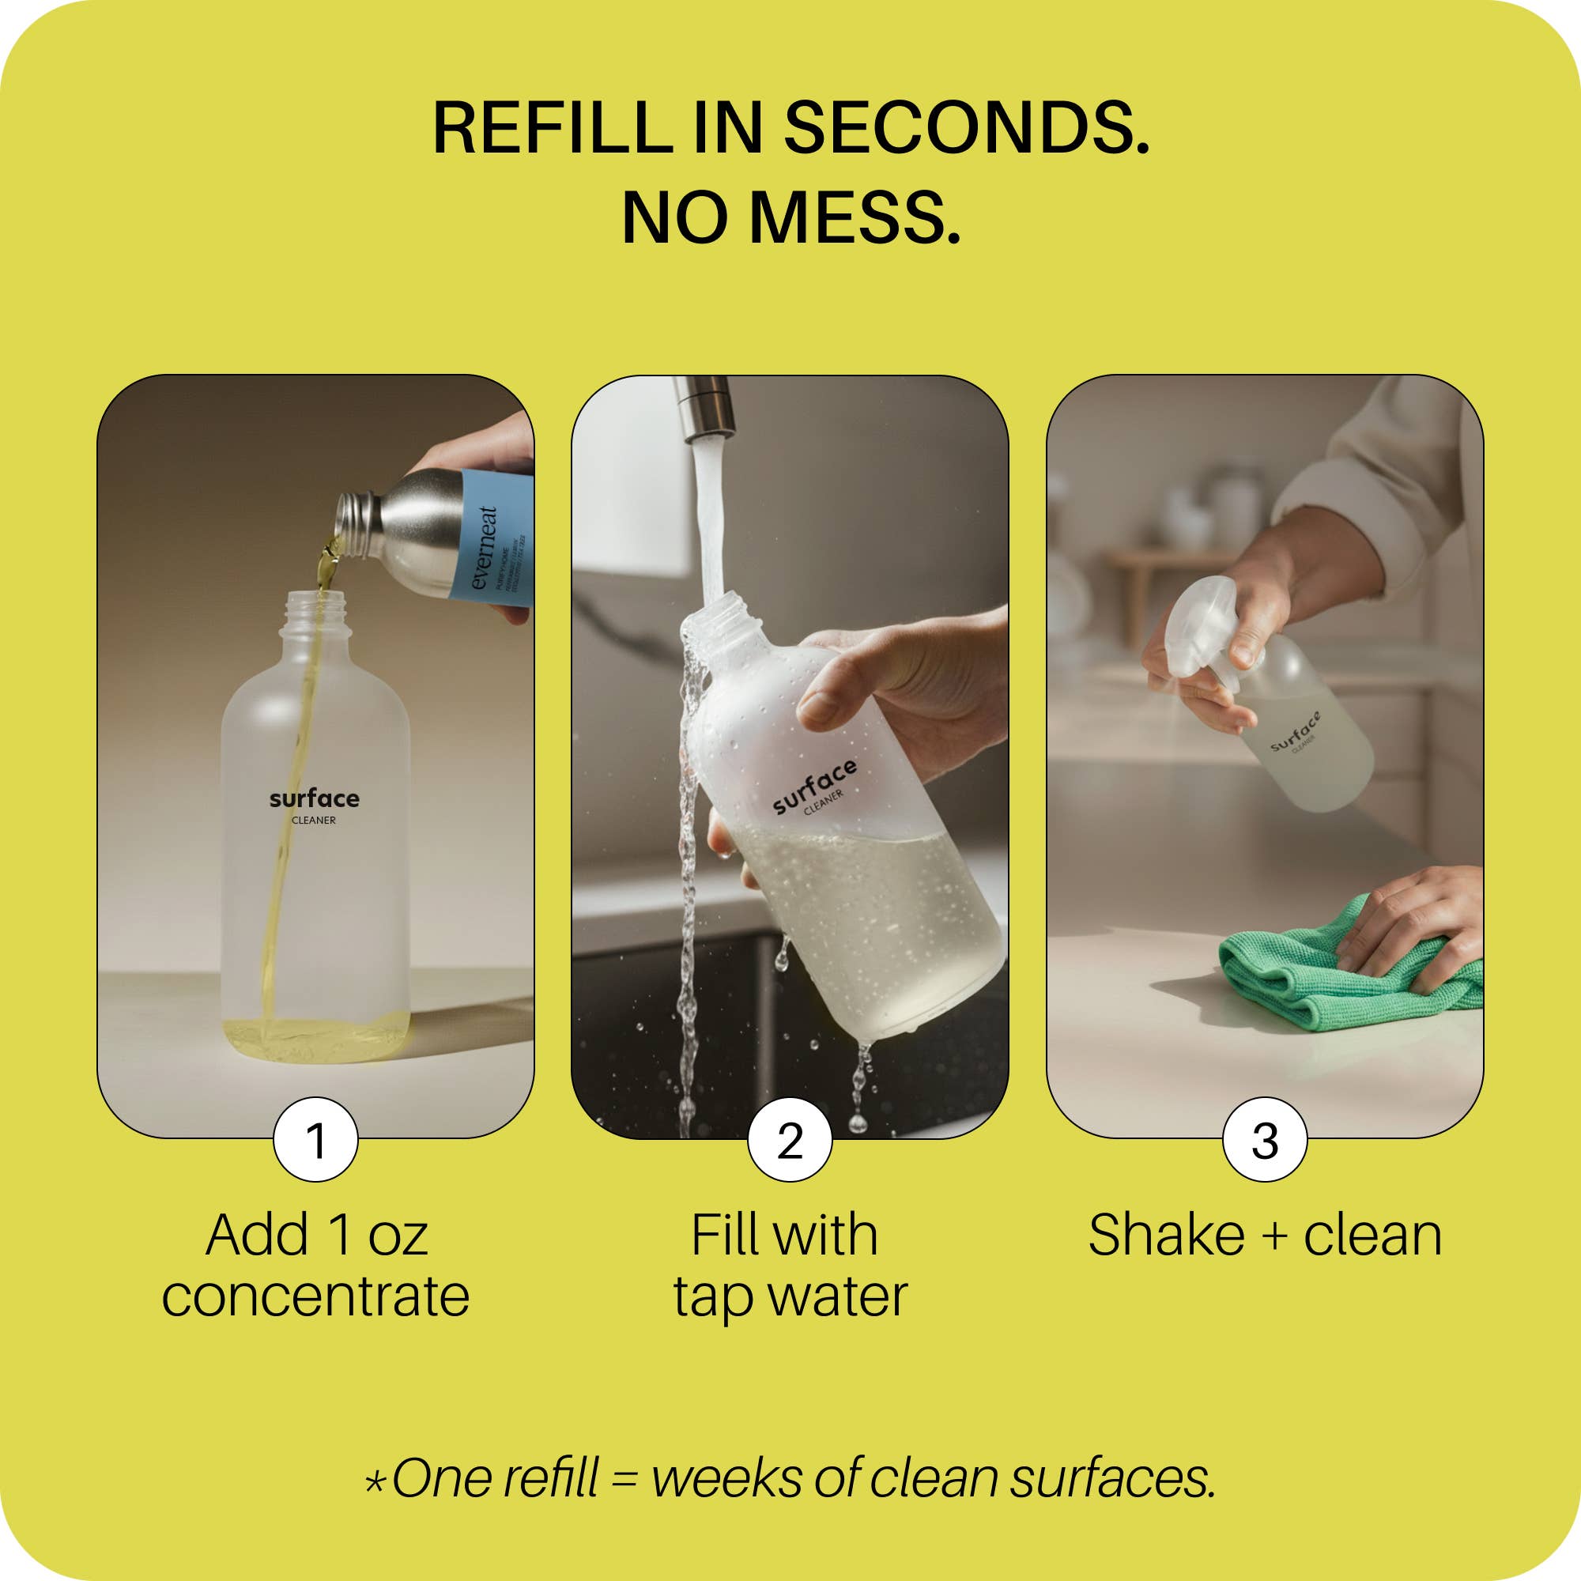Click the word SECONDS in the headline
pyautogui.click(x=967, y=129)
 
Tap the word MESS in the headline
pyautogui.click(x=855, y=218)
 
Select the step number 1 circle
pyautogui.click(x=316, y=1139)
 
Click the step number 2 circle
pyautogui.click(x=790, y=1139)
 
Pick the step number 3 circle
pyautogui.click(x=1264, y=1139)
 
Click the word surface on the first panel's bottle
pyautogui.click(x=315, y=798)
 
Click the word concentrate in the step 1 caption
pyautogui.click(x=315, y=1296)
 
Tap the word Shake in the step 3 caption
pyautogui.click(x=1166, y=1235)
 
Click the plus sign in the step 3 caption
pyautogui.click(x=1274, y=1236)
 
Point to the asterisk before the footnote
pyautogui.click(x=375, y=1482)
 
